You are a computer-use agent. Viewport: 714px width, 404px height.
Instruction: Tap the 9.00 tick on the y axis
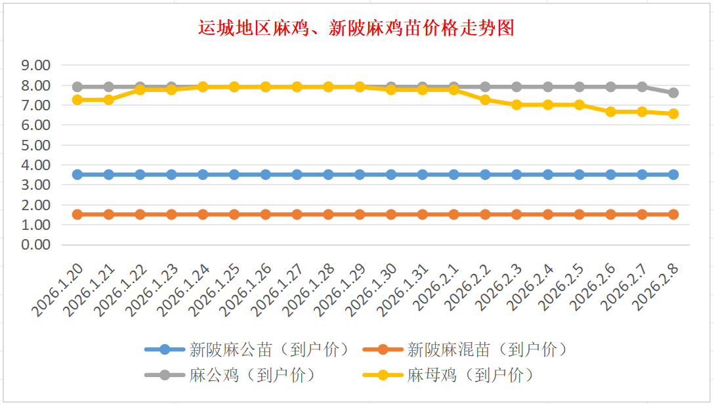35,66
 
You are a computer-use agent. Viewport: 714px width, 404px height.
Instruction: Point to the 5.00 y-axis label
35,145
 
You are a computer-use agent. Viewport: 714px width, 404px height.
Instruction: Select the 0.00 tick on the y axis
35,245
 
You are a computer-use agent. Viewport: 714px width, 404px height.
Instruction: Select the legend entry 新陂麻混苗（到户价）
486,349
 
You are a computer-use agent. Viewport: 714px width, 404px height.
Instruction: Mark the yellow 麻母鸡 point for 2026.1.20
77,100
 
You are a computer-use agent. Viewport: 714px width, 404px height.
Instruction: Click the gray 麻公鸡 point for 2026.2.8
673,93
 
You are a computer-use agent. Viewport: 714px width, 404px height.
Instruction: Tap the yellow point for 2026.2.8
673,114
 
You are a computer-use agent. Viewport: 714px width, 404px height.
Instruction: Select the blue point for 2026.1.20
77,175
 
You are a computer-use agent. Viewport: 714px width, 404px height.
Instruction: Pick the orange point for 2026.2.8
673,214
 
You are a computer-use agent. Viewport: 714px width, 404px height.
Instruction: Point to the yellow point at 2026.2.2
485,100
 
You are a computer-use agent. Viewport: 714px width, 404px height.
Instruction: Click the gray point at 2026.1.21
109,87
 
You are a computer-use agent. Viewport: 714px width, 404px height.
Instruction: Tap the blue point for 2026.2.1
453,175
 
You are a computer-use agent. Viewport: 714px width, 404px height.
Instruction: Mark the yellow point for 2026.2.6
610,112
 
